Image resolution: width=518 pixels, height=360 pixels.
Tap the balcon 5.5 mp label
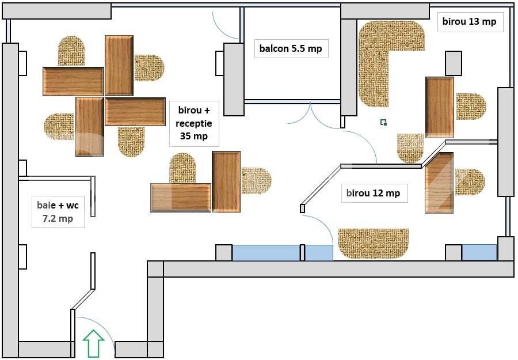291,48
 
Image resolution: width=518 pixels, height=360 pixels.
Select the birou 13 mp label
469,22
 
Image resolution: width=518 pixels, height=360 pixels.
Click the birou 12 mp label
373,193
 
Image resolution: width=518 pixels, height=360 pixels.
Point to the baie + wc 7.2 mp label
58,211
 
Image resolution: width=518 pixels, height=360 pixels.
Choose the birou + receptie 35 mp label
195,123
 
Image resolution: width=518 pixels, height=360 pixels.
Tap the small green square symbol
383,122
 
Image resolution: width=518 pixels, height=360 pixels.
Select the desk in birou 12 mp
439,183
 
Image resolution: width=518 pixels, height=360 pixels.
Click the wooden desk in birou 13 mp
440,107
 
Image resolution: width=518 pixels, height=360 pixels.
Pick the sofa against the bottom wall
374,243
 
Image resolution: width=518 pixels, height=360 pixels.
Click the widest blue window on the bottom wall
266,253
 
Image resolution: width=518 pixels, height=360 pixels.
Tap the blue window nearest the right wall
479,252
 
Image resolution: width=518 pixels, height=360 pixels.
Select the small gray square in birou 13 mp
454,63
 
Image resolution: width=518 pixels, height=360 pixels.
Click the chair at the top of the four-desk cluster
71,51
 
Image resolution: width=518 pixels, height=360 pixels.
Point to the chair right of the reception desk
256,181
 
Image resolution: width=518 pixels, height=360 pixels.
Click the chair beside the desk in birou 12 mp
470,181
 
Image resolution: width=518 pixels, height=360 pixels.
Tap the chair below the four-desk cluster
131,142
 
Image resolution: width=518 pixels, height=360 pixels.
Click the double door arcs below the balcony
311,115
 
